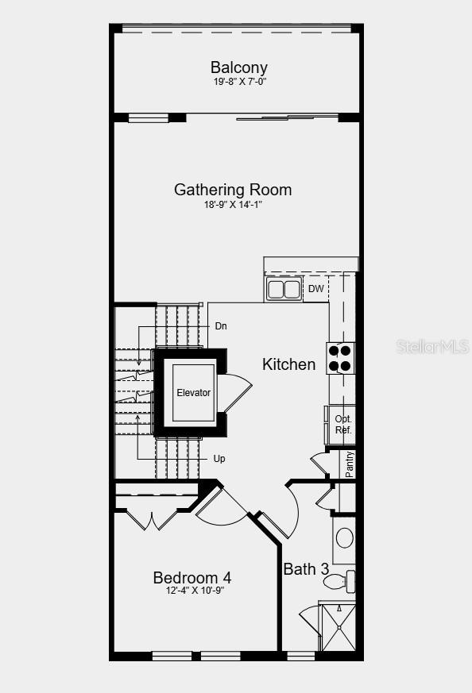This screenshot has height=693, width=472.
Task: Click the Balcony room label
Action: [x=238, y=67]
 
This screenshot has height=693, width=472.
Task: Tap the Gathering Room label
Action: [x=233, y=190]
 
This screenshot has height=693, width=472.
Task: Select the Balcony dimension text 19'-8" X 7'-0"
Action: [x=238, y=82]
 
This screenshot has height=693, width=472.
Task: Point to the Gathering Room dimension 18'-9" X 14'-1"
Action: [x=233, y=205]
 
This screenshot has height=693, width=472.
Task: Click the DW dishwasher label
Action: [x=316, y=289]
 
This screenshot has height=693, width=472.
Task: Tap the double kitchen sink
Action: [x=284, y=289]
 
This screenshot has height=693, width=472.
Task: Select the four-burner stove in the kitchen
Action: [x=340, y=358]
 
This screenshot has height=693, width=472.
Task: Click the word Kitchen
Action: [x=288, y=364]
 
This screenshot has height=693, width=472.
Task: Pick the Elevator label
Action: [x=193, y=393]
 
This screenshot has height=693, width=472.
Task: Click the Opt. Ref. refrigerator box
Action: [x=342, y=425]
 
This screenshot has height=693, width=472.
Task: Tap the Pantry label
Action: [x=350, y=464]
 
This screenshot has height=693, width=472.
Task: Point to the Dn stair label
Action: [x=222, y=326]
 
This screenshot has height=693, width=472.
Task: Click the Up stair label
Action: [x=219, y=459]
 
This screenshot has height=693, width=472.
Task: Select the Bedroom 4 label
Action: [x=192, y=577]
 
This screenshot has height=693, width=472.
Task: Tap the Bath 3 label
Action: [x=306, y=569]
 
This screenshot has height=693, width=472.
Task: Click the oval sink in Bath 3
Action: [x=344, y=537]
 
